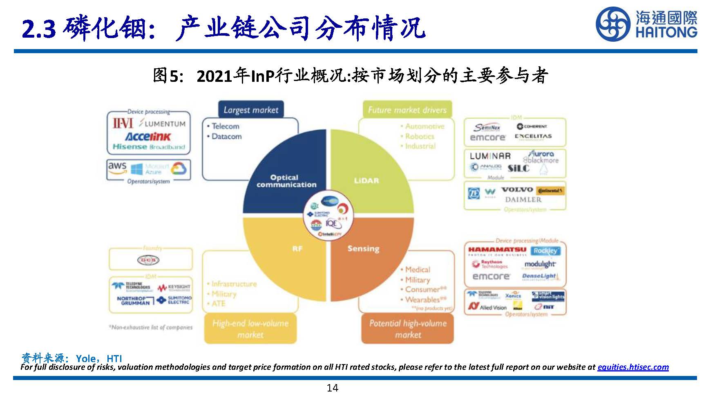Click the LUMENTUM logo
click(x=162, y=123)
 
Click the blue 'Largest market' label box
click(x=250, y=110)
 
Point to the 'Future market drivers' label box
click(x=407, y=110)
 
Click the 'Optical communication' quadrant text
click(x=286, y=181)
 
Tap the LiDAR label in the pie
click(x=366, y=180)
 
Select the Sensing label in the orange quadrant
click(x=363, y=248)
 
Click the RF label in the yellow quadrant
click(x=297, y=248)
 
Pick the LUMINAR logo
click(x=490, y=156)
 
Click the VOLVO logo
click(x=517, y=189)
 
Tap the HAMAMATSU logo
click(x=497, y=250)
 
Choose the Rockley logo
click(x=545, y=250)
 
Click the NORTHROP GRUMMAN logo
click(x=134, y=301)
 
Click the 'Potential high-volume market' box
click(x=407, y=328)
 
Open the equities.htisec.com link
click(x=632, y=367)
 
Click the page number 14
click(x=332, y=388)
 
